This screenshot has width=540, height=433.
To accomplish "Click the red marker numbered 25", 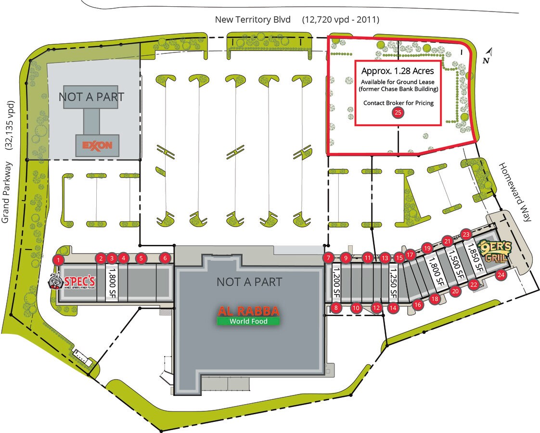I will tap(398, 113).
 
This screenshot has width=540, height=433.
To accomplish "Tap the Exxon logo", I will tap(97, 145).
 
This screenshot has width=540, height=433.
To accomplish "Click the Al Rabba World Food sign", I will tap(248, 316).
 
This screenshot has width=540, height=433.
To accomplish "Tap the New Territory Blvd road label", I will tap(253, 20).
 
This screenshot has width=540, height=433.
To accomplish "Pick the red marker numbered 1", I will tap(58, 260).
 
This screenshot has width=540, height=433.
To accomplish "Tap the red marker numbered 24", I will tap(501, 275).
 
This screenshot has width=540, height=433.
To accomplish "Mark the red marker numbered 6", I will tap(165, 258).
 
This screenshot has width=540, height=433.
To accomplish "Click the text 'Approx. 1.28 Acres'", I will tap(398, 71).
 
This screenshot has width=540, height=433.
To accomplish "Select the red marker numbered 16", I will tap(417, 304).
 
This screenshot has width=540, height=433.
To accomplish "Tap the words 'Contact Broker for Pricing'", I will tap(398, 102).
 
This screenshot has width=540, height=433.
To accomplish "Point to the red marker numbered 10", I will tap(356, 308).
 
